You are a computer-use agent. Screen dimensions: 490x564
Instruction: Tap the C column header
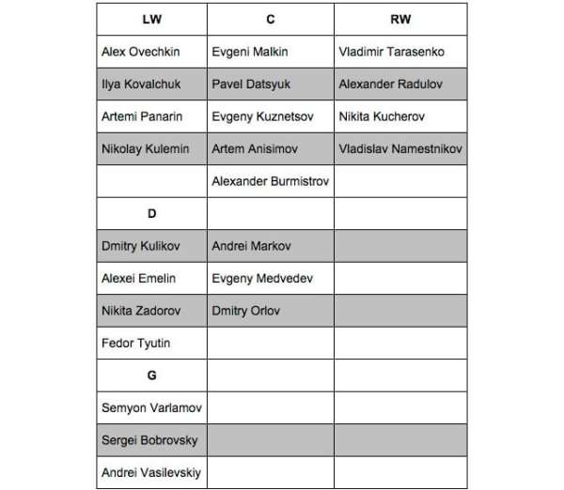pyautogui.click(x=270, y=19)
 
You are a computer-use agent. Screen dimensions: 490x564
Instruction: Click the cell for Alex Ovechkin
pyautogui.click(x=142, y=52)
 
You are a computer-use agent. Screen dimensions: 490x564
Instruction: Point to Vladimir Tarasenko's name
pyautogui.click(x=392, y=52)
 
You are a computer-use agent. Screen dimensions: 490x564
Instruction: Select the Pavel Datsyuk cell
pyautogui.click(x=251, y=84)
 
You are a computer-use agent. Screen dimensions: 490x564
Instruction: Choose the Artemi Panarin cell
pyautogui.click(x=142, y=116)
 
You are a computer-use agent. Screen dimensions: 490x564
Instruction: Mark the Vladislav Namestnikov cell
pyautogui.click(x=400, y=148)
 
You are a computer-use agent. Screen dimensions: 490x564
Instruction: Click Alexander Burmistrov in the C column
pyautogui.click(x=270, y=181)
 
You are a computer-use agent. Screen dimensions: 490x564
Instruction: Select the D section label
pyautogui.click(x=151, y=213)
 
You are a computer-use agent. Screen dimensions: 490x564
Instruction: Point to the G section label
pyautogui.click(x=151, y=375)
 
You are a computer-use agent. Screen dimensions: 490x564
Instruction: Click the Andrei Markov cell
pyautogui.click(x=251, y=246)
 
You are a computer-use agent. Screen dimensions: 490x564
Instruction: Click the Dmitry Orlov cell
pyautogui.click(x=245, y=311)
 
